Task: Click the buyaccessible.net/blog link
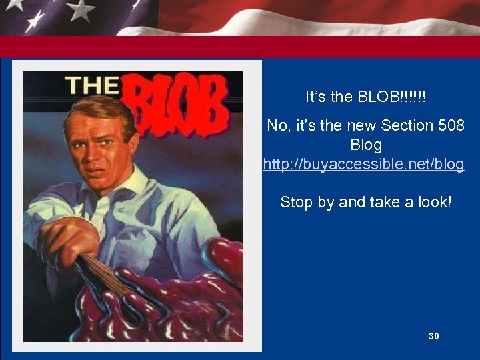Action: point(364,164)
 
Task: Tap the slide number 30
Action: point(434,337)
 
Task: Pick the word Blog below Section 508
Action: point(366,145)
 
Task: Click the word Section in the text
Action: point(405,125)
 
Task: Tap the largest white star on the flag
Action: point(81,9)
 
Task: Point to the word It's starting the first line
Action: point(316,97)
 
